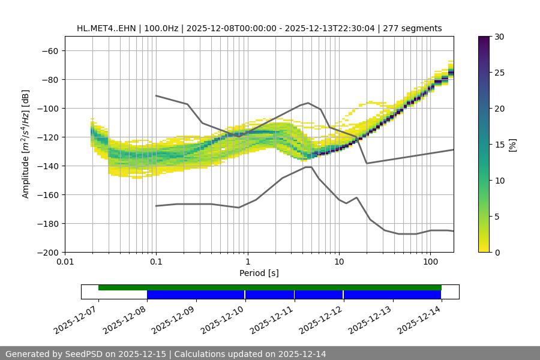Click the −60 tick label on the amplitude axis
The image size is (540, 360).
(x=49, y=50)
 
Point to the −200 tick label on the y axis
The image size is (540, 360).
(x=47, y=252)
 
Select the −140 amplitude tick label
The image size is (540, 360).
(x=47, y=166)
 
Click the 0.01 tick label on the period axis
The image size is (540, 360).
(x=65, y=262)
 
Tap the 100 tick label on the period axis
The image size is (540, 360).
(x=430, y=262)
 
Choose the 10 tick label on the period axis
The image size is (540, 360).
(x=339, y=262)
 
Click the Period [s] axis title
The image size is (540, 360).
(x=259, y=273)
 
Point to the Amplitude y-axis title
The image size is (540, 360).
(x=26, y=144)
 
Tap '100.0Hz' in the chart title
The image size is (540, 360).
(x=163, y=28)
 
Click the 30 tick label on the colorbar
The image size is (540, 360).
(x=499, y=37)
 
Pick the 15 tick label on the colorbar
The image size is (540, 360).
(x=499, y=145)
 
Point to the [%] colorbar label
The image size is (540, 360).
(x=512, y=145)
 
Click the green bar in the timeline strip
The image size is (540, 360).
(x=270, y=287)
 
